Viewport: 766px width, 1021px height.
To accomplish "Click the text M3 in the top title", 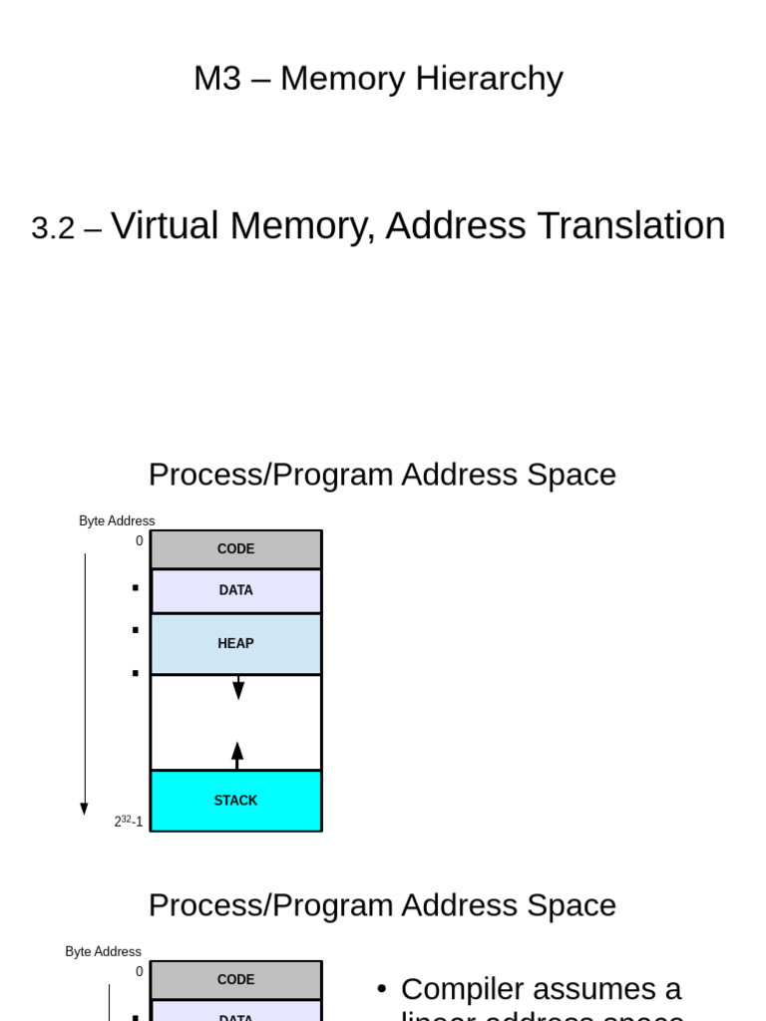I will click(217, 78).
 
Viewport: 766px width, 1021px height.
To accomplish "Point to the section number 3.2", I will click(53, 228).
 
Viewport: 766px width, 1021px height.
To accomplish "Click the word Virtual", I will click(164, 226).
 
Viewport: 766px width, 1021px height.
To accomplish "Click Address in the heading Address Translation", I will click(455, 226).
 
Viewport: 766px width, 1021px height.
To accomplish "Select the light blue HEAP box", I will click(235, 644).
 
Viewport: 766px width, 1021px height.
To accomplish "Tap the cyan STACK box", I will click(235, 801).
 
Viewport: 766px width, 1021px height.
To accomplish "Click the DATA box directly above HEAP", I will click(235, 590).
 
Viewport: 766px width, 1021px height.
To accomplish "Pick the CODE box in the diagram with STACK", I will click(235, 549).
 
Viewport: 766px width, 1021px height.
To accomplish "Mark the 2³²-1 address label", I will click(128, 822).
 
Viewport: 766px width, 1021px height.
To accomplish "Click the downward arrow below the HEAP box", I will click(238, 687).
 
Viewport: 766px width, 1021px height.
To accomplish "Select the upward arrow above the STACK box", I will click(237, 755).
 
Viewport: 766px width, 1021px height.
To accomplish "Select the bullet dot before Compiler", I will click(381, 989).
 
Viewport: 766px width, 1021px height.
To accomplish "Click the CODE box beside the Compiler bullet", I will click(235, 980).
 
